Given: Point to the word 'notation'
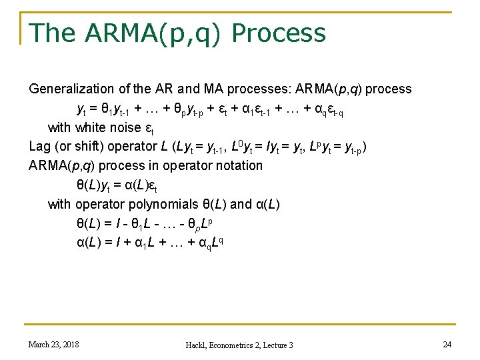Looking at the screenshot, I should click(236, 165).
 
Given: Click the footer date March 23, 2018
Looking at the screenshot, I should click(53, 344).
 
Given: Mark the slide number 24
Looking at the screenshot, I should click(446, 344).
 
